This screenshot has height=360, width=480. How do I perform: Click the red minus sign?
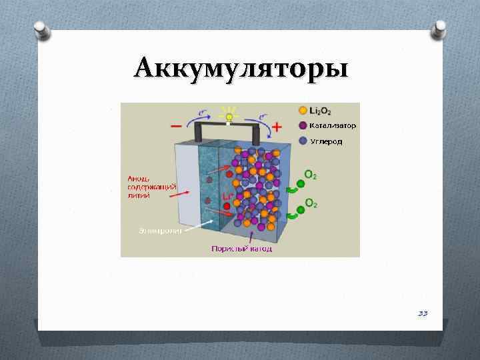(177, 126)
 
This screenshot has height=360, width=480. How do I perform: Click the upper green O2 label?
(311, 175)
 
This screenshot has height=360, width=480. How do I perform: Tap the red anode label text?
(151, 186)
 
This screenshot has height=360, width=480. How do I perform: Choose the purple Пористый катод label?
(241, 249)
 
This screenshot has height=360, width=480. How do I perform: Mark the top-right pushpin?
(440, 28)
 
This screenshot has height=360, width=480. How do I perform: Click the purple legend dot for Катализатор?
(303, 125)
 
